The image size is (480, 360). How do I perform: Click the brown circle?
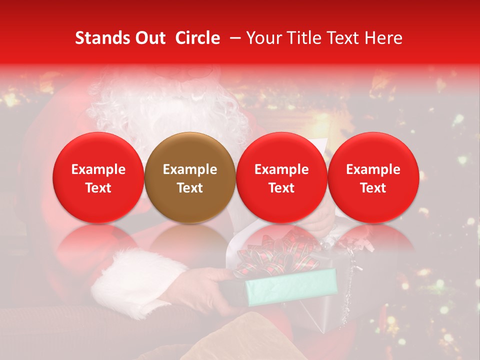pos(190,177)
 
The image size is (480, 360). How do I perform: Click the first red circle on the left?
pos(98,177)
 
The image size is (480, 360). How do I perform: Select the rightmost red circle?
pos(373,177)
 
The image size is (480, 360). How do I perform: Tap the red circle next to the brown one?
pos(281,177)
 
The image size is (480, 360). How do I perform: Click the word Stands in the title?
pos(100,38)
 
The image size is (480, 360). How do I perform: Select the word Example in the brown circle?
pos(190,169)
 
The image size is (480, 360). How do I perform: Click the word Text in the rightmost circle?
pos(373,188)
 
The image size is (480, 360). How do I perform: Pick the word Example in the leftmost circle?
pos(98,169)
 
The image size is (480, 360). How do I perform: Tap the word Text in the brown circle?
pos(190,188)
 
